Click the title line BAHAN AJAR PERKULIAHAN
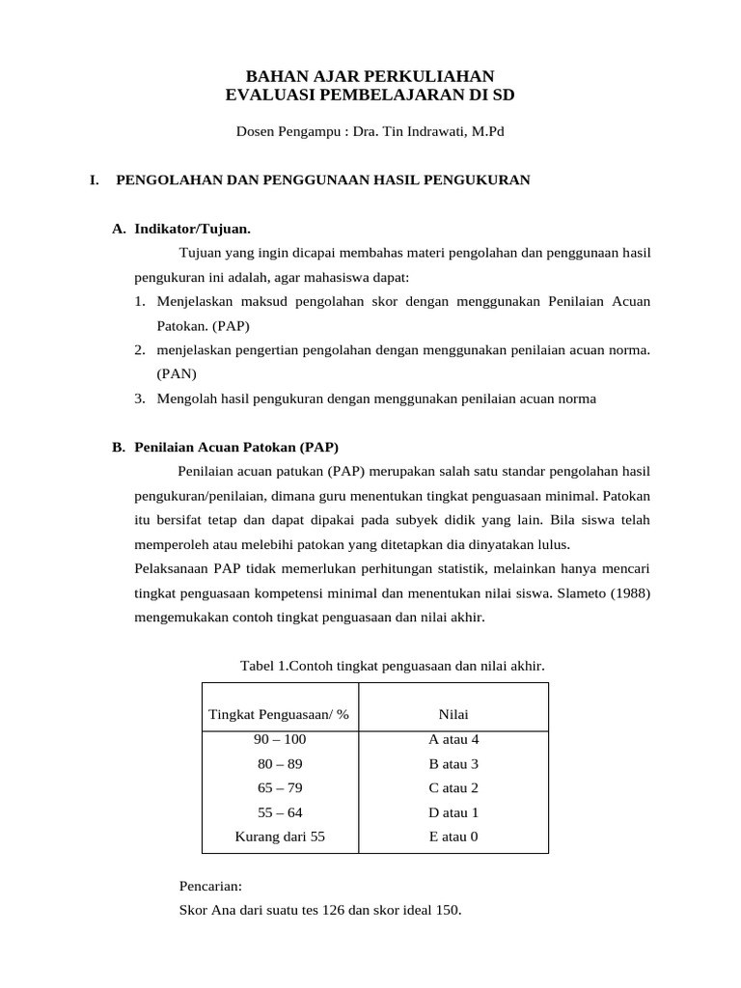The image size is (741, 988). (x=370, y=76)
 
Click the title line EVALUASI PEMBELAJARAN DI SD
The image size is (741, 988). (x=370, y=95)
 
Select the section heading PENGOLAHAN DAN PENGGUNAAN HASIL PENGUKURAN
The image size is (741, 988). (x=322, y=179)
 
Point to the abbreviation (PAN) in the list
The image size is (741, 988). (x=177, y=373)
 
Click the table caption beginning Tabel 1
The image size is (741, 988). (x=392, y=666)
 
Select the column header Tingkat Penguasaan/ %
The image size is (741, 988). (x=279, y=714)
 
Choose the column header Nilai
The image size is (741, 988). (x=453, y=714)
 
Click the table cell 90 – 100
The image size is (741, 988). (x=280, y=739)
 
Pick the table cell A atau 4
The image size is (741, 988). (x=453, y=739)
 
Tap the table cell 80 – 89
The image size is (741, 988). (x=280, y=763)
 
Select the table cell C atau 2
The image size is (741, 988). (x=453, y=787)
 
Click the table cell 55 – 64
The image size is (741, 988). (x=280, y=812)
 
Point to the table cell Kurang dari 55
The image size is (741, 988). (x=280, y=837)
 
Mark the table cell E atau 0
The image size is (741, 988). (x=453, y=837)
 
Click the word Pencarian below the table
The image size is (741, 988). (x=210, y=886)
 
